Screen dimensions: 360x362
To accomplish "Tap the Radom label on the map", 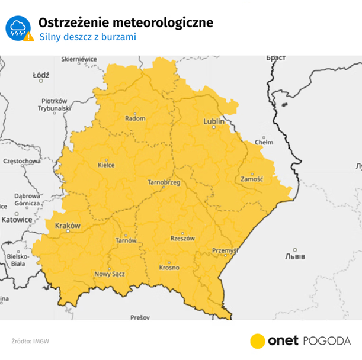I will coord(135,118).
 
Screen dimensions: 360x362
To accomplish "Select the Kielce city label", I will coord(107,165).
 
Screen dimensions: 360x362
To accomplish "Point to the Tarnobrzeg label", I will coord(164,182).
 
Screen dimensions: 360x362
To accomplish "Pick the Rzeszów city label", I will coord(182,238).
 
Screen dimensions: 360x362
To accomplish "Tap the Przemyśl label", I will coord(225,251).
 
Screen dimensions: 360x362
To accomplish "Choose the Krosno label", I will coord(169,268).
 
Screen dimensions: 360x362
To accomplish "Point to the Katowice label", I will coord(16,219).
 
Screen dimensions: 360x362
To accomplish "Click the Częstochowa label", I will coord(21,160).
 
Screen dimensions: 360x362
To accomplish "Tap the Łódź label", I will coord(41,75).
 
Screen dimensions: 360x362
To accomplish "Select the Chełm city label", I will coord(264,142).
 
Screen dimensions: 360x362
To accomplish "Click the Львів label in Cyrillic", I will coord(294,256).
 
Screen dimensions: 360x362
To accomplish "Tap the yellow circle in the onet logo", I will coord(258,340).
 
